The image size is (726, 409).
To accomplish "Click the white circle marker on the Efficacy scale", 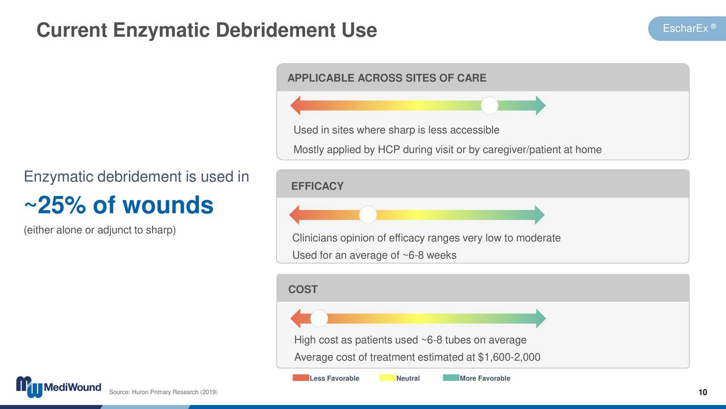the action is click(368, 215).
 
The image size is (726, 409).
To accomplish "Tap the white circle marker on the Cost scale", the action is click(319, 319).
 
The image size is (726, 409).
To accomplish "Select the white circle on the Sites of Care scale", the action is click(489, 106).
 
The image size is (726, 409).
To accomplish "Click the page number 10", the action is click(703, 393).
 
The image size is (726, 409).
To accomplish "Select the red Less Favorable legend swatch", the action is click(301, 378).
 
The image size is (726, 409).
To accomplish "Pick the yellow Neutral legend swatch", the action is click(388, 378).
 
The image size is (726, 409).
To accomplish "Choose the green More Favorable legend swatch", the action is click(451, 378).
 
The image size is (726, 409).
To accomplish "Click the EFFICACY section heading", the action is click(317, 186).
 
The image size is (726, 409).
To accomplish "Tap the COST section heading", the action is click(303, 290).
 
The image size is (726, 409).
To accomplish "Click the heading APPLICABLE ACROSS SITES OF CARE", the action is click(387, 78).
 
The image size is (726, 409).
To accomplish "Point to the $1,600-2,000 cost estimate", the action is click(509, 357).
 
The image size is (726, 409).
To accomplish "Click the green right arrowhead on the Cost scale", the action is click(541, 319).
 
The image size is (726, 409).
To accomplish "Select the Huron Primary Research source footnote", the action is click(162, 393).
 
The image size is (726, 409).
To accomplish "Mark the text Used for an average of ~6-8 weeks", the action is click(374, 256).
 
